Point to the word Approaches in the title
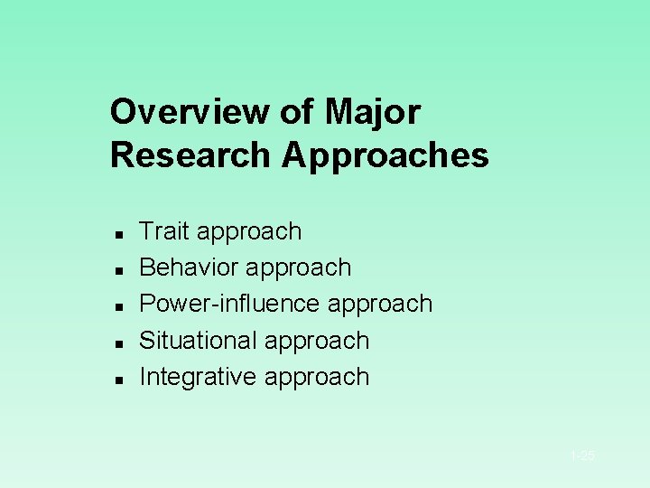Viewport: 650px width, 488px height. [385, 155]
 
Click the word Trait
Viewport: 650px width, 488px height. [163, 231]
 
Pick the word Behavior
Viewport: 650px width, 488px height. [189, 267]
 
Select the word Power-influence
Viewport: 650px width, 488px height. [230, 304]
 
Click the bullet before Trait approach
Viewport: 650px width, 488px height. [118, 234]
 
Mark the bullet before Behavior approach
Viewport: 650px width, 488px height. [118, 270]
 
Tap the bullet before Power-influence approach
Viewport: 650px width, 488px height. [118, 306]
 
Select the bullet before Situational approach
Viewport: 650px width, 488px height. [118, 343]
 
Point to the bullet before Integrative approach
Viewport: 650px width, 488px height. [118, 380]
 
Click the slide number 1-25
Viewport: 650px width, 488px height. [582, 456]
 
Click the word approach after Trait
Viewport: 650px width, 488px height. [249, 232]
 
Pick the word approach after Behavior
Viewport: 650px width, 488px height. [299, 268]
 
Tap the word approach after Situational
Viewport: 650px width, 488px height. [317, 342]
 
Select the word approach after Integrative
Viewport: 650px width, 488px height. [317, 378]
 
